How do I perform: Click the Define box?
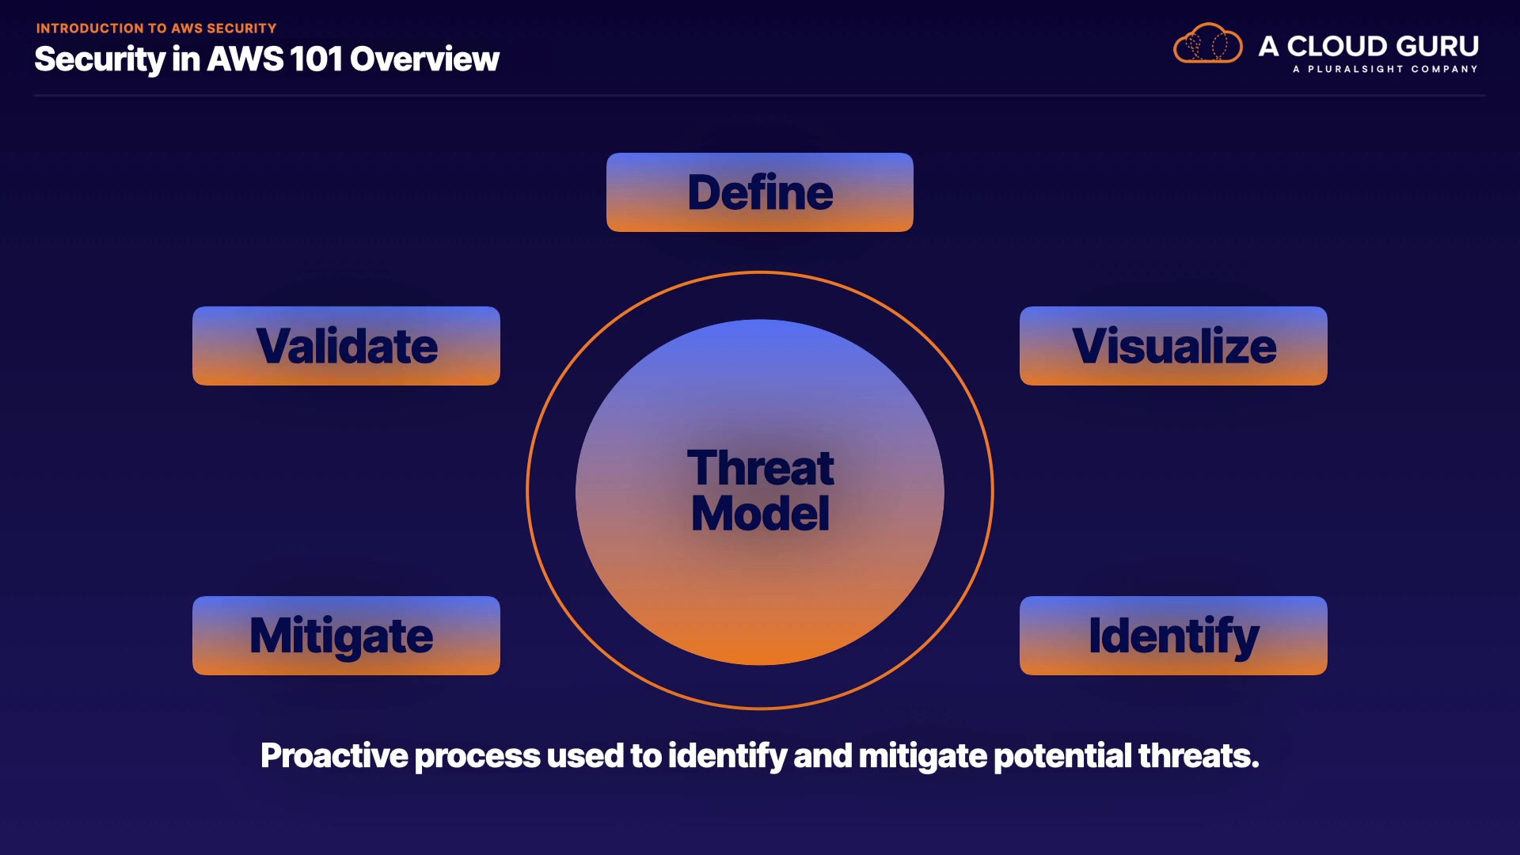tap(760, 192)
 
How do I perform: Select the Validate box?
tap(346, 346)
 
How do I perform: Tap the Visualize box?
tap(1173, 346)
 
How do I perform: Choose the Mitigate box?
tap(346, 636)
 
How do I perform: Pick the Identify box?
tap(1173, 636)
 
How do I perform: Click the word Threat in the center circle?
tap(760, 468)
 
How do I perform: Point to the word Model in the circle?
tap(760, 513)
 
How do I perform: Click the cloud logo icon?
tap(1207, 44)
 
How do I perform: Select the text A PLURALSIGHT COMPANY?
tap(1385, 70)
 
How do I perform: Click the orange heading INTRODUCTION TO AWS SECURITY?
tap(156, 28)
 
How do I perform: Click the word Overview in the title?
tap(424, 59)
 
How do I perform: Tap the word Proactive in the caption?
tap(335, 756)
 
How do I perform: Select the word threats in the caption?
tap(1199, 756)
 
